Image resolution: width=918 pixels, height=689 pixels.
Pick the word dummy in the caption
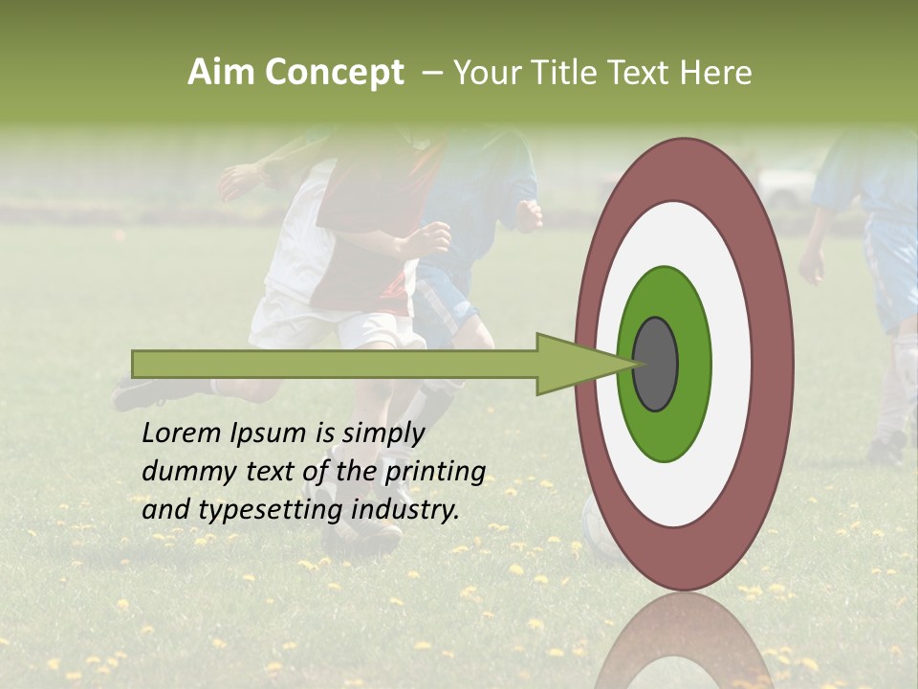[180, 472]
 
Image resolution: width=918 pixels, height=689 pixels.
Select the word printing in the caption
[434, 472]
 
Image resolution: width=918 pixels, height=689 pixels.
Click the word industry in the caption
[404, 510]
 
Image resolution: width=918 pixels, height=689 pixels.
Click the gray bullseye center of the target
[655, 364]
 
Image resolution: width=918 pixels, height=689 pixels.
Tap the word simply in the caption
[382, 433]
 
